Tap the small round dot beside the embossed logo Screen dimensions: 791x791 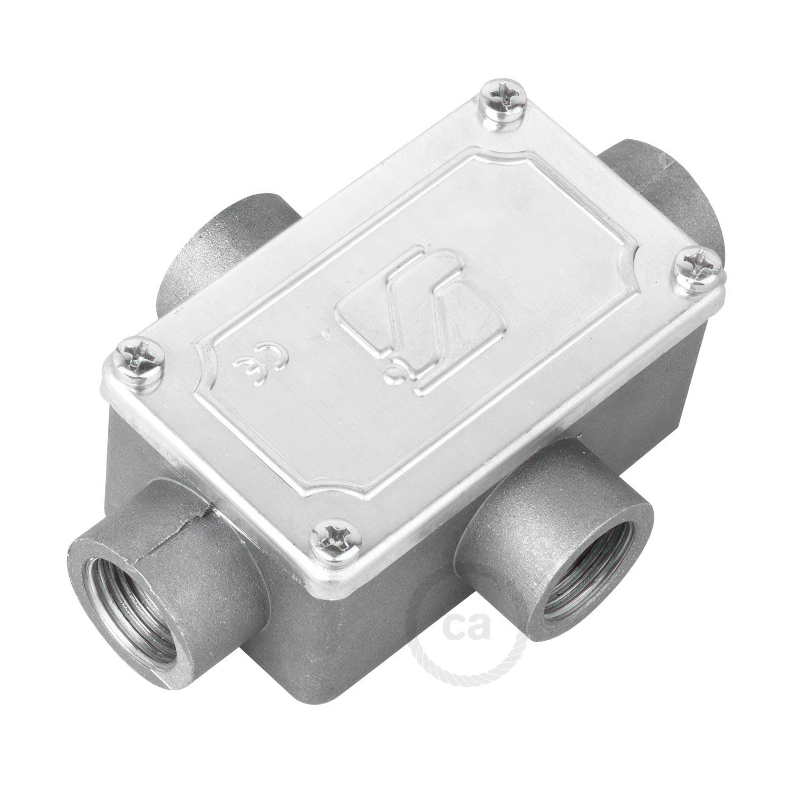pos(392,375)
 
